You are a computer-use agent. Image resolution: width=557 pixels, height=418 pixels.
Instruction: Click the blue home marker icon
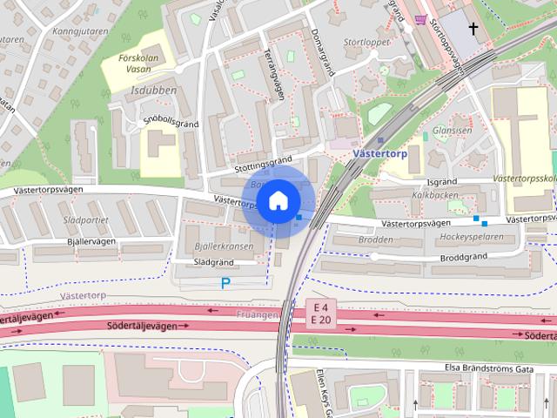[278, 200]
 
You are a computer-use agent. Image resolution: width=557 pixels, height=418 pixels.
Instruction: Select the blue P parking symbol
[225, 282]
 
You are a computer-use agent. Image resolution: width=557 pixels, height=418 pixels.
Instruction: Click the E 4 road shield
[320, 307]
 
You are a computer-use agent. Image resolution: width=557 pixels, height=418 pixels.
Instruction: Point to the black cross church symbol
[473, 30]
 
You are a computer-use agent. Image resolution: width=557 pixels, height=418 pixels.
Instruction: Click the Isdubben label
[154, 91]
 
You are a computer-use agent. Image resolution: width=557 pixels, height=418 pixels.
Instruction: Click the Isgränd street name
[442, 182]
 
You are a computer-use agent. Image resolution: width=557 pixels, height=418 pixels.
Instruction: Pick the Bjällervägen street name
[79, 241]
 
